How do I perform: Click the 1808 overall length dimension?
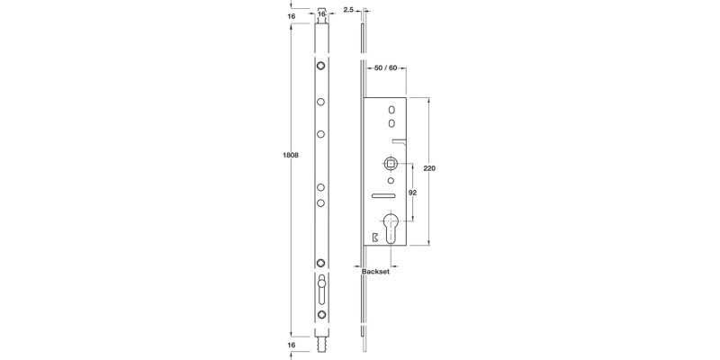click(292, 155)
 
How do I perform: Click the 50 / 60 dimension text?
click(385, 67)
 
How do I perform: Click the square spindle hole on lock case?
click(391, 165)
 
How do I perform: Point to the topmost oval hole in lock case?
click(391, 110)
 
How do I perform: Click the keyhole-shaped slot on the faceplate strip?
click(321, 292)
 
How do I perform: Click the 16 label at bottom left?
click(292, 345)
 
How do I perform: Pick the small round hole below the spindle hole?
click(391, 180)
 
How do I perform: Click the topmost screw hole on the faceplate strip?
click(321, 67)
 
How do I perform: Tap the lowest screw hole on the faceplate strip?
click(321, 315)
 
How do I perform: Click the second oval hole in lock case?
click(391, 122)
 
